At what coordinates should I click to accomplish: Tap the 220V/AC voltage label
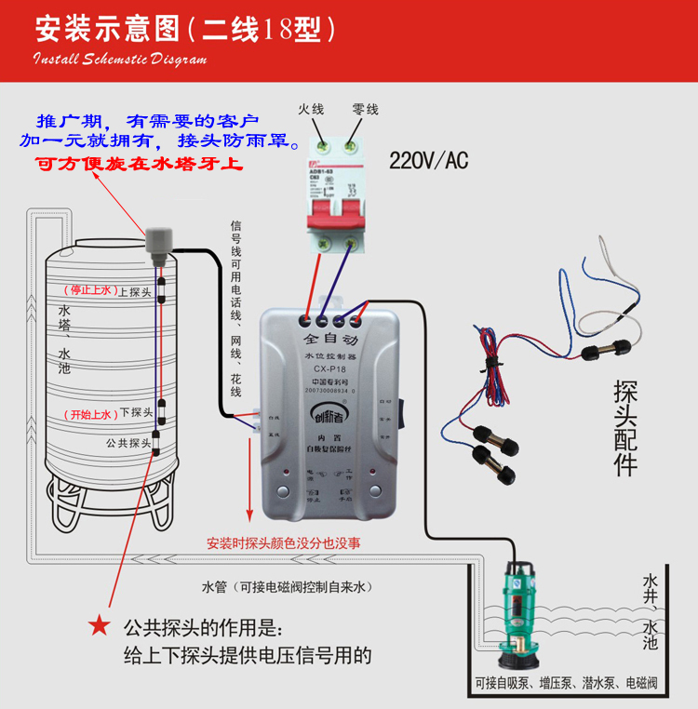point(428,161)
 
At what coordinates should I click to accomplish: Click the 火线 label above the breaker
point(311,110)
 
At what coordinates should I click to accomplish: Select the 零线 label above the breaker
point(365,110)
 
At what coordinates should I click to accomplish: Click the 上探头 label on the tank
point(135,291)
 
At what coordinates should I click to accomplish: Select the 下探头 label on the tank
point(135,413)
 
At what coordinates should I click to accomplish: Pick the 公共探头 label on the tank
point(128,443)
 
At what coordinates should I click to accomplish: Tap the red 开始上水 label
point(88,414)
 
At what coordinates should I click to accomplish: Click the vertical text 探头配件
point(624,428)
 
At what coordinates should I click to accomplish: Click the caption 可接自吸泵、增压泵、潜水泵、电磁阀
point(565,684)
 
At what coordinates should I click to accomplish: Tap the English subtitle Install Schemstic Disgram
point(121,60)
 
